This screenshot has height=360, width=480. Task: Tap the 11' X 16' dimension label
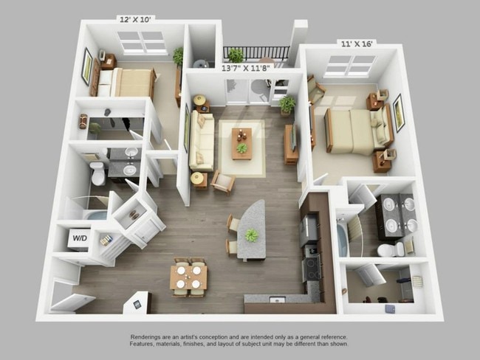(x=357, y=44)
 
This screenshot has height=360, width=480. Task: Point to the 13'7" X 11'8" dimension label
(x=247, y=67)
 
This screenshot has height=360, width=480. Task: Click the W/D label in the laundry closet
(x=79, y=238)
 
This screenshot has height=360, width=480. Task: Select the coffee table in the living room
(x=241, y=142)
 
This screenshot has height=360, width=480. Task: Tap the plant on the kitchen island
(x=252, y=235)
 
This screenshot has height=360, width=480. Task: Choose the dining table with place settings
(x=188, y=276)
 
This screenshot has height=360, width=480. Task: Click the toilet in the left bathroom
(x=97, y=174)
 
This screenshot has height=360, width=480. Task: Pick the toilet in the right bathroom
(x=386, y=250)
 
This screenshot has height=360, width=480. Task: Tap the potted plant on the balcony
(x=235, y=55)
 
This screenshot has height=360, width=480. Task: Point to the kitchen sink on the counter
(x=278, y=300)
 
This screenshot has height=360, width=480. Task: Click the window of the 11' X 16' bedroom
(x=349, y=65)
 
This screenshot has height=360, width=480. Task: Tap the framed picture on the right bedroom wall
(x=399, y=112)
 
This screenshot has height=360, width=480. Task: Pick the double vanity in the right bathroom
(x=399, y=214)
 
